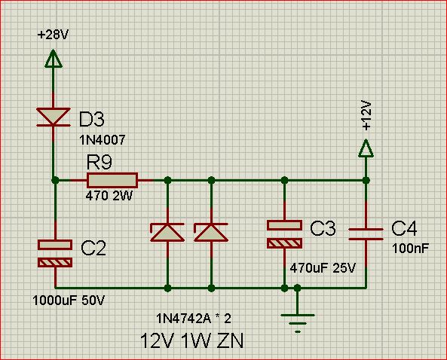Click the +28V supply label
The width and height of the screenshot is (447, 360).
(x=54, y=35)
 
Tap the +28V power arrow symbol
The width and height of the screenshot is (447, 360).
(x=54, y=59)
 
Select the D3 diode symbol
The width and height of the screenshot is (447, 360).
(x=54, y=117)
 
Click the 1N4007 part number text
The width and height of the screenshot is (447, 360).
(x=103, y=140)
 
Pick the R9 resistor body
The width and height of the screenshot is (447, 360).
(x=112, y=180)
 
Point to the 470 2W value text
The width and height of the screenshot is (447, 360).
(x=109, y=196)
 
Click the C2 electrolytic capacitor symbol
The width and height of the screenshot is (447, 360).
(x=55, y=254)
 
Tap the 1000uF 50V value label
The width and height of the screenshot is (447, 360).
(x=69, y=301)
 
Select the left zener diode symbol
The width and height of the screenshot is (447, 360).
(x=167, y=233)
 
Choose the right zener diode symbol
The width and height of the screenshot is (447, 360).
(x=211, y=233)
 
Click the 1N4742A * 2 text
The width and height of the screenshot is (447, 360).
(x=194, y=319)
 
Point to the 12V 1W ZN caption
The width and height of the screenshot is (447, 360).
(x=192, y=341)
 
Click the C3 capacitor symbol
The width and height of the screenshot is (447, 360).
(x=284, y=234)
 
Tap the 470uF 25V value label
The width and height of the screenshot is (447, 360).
(x=323, y=268)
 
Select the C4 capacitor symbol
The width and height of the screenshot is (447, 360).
(x=366, y=234)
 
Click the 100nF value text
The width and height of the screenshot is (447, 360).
(x=411, y=249)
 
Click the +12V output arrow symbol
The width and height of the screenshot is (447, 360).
(x=366, y=148)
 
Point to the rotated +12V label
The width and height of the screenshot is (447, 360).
(x=366, y=115)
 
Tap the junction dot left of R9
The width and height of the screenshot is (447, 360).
(x=55, y=180)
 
